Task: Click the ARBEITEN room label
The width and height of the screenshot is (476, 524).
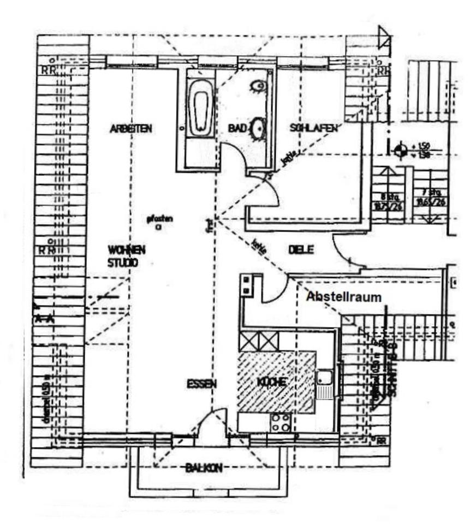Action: pos(130,129)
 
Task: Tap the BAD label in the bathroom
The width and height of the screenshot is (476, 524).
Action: pos(238,128)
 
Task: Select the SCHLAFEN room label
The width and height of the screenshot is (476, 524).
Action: pos(314,128)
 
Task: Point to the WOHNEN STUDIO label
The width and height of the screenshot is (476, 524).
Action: pos(126,256)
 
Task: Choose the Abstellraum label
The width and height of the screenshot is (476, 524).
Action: pos(343,296)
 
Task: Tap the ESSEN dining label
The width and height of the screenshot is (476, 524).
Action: pos(201,384)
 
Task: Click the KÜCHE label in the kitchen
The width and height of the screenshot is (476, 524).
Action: pos(271,383)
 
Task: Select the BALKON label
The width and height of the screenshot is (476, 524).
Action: pos(204,468)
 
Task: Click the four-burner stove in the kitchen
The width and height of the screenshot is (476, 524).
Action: pos(281,422)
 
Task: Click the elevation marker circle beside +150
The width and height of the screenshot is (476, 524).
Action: pos(401,149)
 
